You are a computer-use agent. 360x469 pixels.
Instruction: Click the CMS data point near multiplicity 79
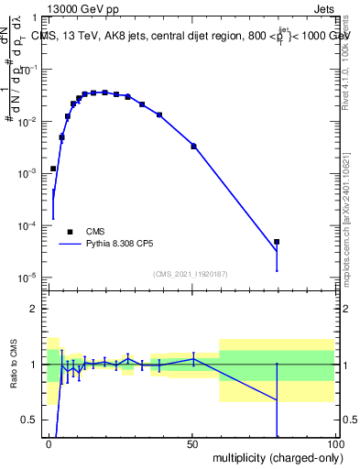(277, 242)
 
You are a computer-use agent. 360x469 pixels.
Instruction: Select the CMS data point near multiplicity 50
(193, 146)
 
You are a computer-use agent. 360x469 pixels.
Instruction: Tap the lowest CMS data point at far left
(53, 169)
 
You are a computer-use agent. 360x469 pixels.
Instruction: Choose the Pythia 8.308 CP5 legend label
(119, 245)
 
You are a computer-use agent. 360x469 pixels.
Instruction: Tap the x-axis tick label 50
(192, 445)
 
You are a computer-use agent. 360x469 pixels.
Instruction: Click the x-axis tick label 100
(334, 445)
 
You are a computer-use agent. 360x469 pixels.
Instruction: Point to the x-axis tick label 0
(49, 445)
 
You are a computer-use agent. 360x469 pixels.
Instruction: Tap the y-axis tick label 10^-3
(30, 173)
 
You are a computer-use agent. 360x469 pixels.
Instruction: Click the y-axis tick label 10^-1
(30, 69)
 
